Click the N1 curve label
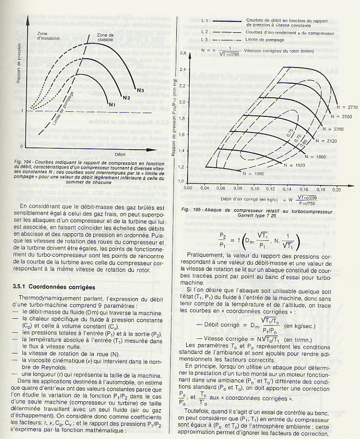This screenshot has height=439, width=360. [112, 104]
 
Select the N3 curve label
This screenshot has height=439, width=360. [140, 90]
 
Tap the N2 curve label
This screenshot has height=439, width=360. [126, 98]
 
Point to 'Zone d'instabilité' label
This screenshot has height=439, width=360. [48, 35]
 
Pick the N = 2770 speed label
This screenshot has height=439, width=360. [347, 106]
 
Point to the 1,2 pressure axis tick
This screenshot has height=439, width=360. [183, 167]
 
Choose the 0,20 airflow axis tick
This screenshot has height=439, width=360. [336, 188]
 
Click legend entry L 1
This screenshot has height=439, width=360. [205, 22]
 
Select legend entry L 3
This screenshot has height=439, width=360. [205, 39]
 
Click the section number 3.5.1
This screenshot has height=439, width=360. [22, 286]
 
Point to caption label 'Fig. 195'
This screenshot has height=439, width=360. [190, 209]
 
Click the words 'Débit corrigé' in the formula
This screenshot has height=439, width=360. [217, 324]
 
